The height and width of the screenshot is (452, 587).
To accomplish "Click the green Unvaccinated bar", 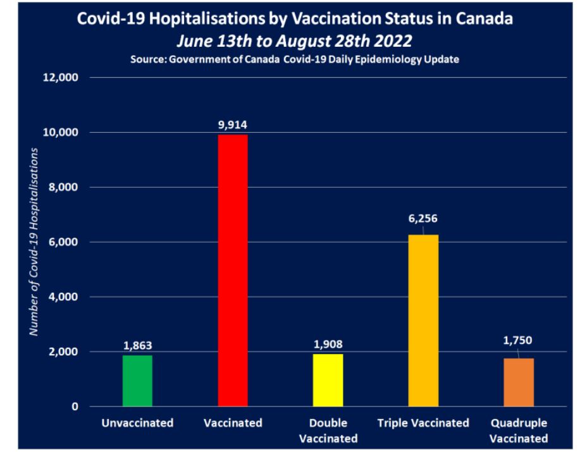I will tap(137, 381).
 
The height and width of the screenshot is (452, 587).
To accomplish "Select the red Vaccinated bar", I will tap(233, 271).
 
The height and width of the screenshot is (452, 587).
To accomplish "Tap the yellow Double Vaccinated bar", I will tap(328, 380).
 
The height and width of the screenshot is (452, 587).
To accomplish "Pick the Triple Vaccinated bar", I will tap(423, 321).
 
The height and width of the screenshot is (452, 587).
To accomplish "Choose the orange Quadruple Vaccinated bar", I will tap(519, 382).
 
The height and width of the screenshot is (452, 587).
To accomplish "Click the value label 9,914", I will tap(233, 125).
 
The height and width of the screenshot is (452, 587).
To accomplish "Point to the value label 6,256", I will tap(423, 219).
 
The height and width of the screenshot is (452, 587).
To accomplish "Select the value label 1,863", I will tap(137, 346).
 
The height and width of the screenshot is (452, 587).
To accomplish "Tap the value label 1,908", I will tap(328, 345).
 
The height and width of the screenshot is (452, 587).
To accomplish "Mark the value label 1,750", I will tap(518, 340).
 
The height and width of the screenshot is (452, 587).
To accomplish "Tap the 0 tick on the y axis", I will tap(75, 406).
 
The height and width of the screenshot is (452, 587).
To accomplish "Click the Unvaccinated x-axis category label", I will tap(137, 423).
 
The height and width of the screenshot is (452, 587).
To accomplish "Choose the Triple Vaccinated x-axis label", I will tap(423, 423).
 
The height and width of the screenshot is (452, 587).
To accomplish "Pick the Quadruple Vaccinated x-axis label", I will tap(518, 431).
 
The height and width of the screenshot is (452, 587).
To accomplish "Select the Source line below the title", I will tap(295, 59).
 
